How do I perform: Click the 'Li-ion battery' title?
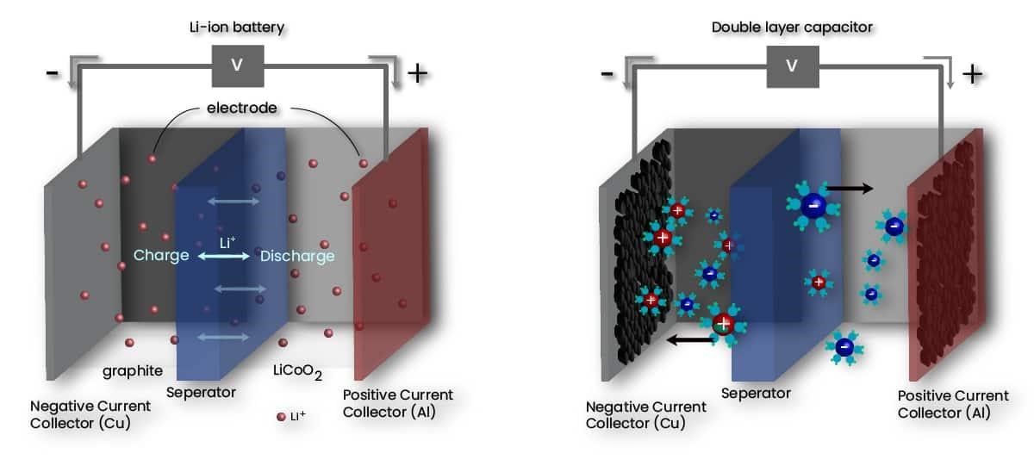236,28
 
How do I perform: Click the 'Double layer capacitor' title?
792,28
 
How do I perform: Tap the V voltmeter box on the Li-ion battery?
236,66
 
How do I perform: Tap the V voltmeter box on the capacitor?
792,66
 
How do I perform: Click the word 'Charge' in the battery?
161,256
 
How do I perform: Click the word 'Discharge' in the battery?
297,256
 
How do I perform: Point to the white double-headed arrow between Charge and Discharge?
224,257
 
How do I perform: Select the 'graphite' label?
133,372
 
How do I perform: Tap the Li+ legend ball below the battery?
280,417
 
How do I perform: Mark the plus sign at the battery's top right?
417,73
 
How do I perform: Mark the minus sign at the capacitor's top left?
607,73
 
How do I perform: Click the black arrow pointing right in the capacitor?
850,188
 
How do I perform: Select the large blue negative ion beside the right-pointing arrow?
813,206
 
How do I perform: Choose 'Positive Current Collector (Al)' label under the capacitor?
953,404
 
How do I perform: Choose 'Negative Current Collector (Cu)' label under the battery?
90,413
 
